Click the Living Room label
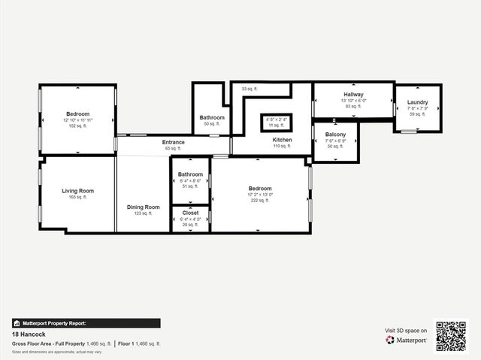[x=77, y=191]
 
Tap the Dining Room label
[x=143, y=207]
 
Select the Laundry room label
[x=417, y=102]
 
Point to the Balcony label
[x=335, y=135]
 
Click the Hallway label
[x=353, y=95]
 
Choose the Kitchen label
[x=282, y=140]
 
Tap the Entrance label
[x=174, y=142]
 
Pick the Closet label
[x=190, y=213]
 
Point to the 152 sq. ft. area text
[x=77, y=126]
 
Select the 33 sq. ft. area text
[x=250, y=89]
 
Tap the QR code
[x=452, y=337]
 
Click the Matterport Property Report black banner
[x=86, y=323]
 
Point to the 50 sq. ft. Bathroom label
[x=212, y=118]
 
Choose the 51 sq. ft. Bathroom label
[x=190, y=174]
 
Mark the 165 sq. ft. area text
[x=77, y=197]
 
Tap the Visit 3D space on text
[x=406, y=330]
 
